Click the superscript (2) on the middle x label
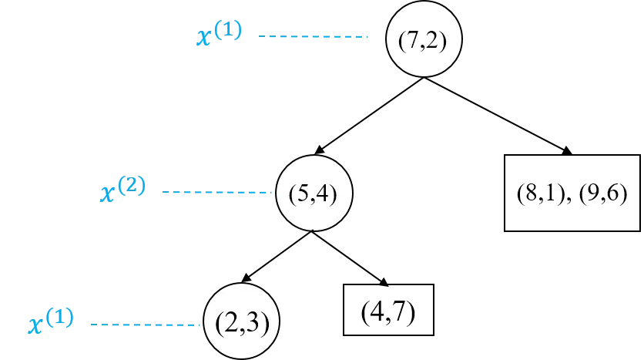pyautogui.click(x=132, y=186)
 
